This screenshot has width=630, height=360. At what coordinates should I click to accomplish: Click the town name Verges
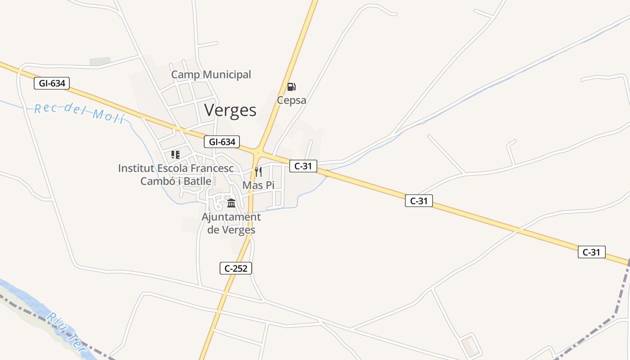(230, 110)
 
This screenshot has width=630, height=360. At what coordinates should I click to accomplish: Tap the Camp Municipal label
(211, 75)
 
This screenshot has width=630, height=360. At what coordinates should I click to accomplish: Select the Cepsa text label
(292, 100)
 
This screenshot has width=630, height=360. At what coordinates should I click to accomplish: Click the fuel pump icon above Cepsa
(292, 86)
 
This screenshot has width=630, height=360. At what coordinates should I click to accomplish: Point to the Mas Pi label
(258, 185)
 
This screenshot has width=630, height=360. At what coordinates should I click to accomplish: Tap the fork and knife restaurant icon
(258, 171)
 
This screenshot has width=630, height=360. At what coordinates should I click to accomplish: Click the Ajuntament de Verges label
(231, 223)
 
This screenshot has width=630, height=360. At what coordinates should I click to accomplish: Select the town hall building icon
(231, 203)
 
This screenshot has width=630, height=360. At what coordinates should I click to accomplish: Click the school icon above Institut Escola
(175, 155)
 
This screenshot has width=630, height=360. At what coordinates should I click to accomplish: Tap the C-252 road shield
(236, 268)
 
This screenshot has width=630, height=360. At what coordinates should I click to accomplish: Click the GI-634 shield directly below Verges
(222, 142)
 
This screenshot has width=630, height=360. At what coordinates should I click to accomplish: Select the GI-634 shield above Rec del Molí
(52, 83)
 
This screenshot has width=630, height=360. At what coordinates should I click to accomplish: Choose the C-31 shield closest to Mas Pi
(303, 166)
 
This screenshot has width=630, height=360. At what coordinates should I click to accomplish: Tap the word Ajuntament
(231, 217)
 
